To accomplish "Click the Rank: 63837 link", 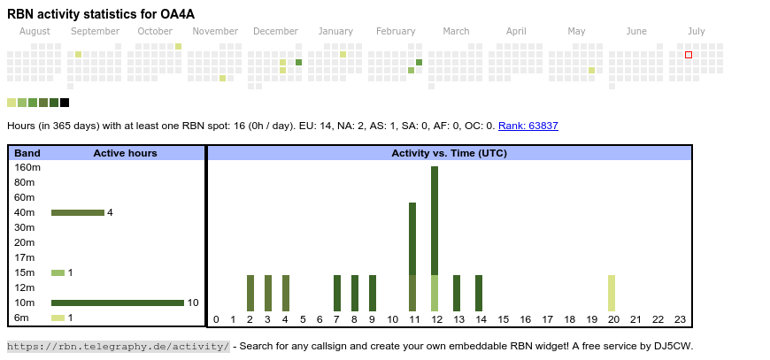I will (x=527, y=126).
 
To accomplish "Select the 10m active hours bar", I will (x=117, y=303).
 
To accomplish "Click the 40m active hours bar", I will (x=77, y=212).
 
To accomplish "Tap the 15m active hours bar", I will (x=58, y=272).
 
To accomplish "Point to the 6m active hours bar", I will (x=58, y=318).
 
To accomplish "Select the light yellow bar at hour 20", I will (x=612, y=293).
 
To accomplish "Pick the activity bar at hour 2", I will (x=250, y=293).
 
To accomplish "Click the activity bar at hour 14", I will (x=479, y=293).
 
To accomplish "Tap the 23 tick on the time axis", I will (x=680, y=319).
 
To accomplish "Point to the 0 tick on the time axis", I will (x=216, y=319).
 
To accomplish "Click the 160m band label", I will (x=27, y=167).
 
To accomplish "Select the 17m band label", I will (x=24, y=257).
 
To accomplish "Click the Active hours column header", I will (x=125, y=153).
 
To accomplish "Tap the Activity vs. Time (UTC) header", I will (x=449, y=153).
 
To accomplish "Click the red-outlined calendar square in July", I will (x=689, y=55).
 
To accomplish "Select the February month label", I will (x=396, y=31).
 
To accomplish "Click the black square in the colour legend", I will (x=65, y=103).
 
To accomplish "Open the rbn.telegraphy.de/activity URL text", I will (x=118, y=346).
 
